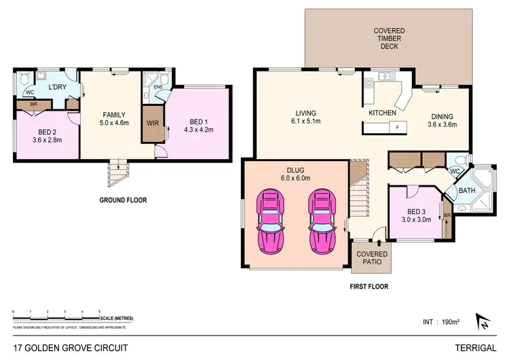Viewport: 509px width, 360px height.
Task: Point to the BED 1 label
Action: pos(195,120)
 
